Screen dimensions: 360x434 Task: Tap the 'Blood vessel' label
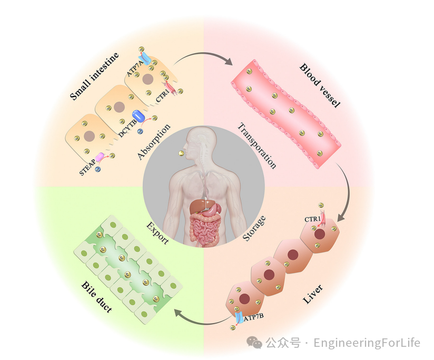320,85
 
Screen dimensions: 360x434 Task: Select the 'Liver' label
312,295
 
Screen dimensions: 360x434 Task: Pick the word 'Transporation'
257,145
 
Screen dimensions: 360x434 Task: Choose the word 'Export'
157,232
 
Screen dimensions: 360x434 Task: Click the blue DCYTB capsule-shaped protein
139,115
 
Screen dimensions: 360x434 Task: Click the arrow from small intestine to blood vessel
203,55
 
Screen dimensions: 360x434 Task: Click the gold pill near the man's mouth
182,153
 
